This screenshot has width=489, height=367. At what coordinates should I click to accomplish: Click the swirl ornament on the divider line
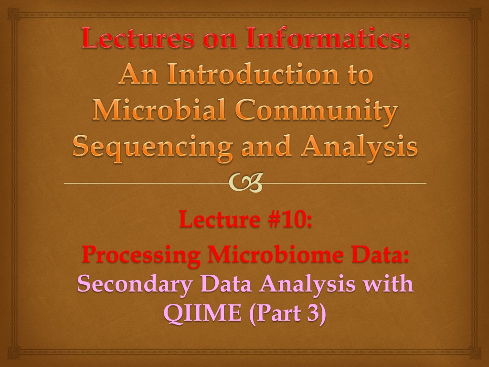(245, 183)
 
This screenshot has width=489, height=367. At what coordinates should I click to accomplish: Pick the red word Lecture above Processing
(220, 219)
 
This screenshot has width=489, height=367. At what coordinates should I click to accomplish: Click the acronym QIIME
(202, 313)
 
